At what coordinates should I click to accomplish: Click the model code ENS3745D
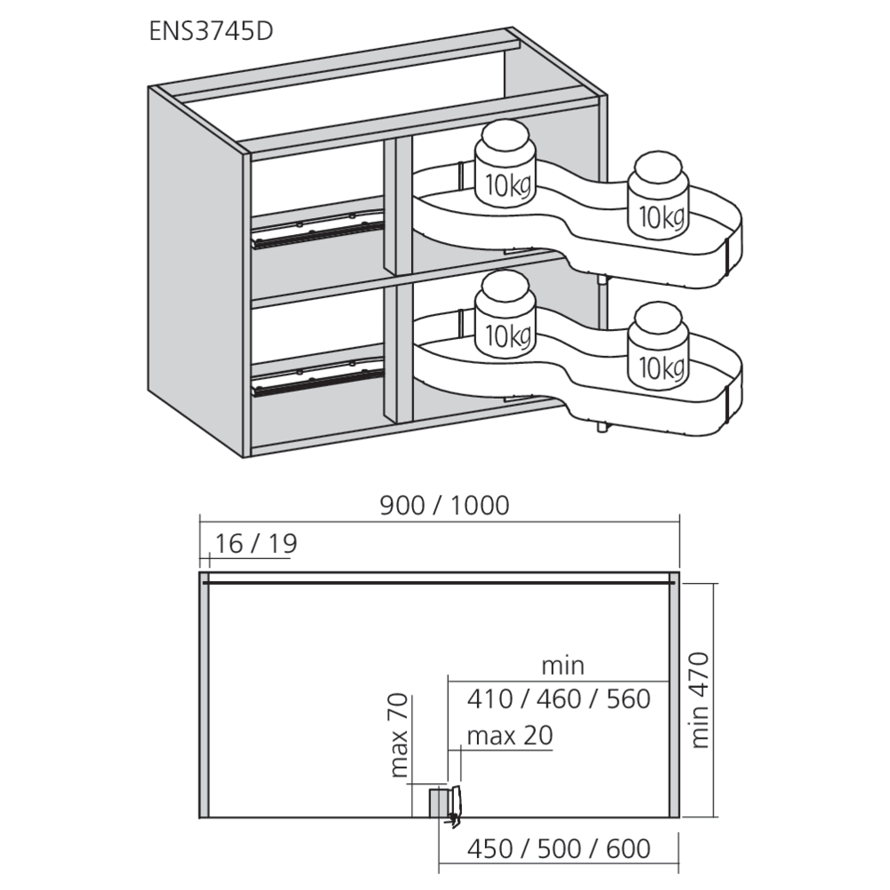pos(211,31)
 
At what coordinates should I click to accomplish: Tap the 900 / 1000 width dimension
pos(444,506)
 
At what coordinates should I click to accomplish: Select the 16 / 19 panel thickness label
pos(255,544)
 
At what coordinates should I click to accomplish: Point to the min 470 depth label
pos(700,700)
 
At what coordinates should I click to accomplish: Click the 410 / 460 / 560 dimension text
pos(559,699)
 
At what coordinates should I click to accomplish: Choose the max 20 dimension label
pos(510,736)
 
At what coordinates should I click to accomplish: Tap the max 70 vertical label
pos(399,735)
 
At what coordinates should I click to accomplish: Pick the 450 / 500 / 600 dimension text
pos(559,849)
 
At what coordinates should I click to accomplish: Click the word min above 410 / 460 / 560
pos(562,665)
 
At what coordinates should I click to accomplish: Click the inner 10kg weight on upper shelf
pos(505,164)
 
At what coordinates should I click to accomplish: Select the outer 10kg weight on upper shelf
pos(658,195)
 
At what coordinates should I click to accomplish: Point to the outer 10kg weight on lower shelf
pos(658,345)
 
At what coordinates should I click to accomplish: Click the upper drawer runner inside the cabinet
pos(317,231)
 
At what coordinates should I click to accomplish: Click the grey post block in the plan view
pos(438,802)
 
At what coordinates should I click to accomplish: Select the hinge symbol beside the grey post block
pos(455,806)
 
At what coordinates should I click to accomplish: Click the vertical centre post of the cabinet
pos(397,281)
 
